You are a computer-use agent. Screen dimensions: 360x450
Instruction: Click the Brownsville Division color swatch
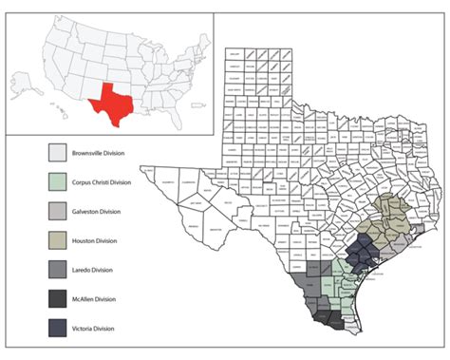point(59,152)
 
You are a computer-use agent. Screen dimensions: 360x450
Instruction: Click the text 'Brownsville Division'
point(106,152)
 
